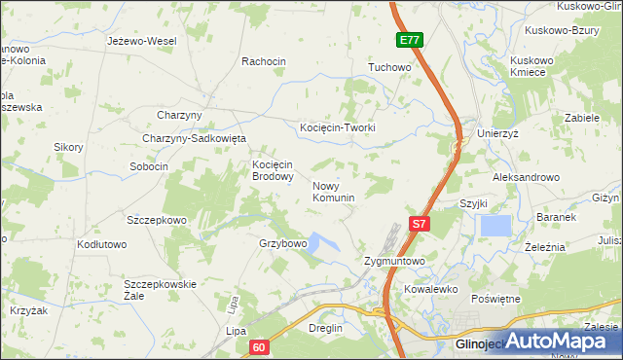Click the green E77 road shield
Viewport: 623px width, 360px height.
tap(410, 40)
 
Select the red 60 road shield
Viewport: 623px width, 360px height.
tap(257, 345)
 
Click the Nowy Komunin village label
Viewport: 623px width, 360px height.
tap(333, 191)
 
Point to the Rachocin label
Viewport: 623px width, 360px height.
tap(264, 61)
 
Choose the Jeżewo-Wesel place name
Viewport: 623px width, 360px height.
tap(142, 42)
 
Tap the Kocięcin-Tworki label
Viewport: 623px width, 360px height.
tap(337, 127)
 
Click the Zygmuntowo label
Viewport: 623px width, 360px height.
tap(394, 262)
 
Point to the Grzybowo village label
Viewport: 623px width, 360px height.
tap(283, 242)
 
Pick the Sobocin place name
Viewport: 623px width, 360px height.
tap(149, 166)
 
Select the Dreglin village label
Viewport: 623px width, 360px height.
tap(325, 328)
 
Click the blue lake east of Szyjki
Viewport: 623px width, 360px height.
tap(495, 226)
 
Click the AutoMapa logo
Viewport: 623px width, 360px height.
tap(559, 342)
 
